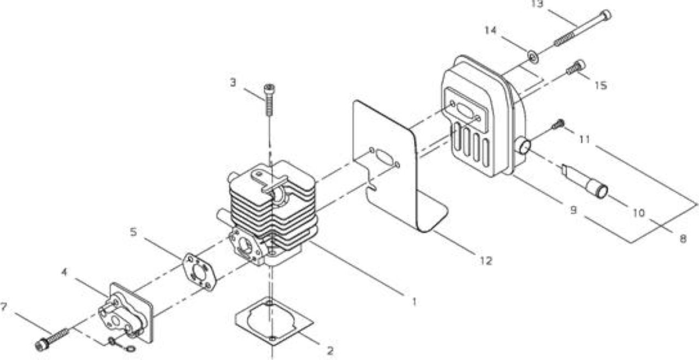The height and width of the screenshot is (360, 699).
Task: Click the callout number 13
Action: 537,4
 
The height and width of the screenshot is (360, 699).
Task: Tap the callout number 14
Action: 491,30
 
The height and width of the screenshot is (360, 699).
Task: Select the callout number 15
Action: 601,85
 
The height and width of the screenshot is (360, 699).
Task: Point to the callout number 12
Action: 486,261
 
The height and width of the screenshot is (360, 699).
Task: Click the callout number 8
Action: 683,239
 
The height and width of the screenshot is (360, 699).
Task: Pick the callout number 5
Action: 133,232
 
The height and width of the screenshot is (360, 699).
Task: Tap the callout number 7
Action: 4,306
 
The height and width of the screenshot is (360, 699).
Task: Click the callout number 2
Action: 330,351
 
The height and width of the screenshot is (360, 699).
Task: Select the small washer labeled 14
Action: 534,57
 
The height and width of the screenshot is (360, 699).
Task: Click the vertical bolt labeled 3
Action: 270,99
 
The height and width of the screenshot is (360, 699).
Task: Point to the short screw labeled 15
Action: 576,67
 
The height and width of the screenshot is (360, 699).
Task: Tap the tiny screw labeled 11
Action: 558,124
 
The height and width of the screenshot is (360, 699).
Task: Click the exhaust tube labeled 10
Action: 584,181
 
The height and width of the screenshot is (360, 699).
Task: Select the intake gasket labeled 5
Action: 199,272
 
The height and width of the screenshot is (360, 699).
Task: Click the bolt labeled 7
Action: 52,340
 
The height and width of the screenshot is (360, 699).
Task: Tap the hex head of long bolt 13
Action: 606,15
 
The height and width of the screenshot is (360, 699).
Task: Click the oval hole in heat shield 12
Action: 384,157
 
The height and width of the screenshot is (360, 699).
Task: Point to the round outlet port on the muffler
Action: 525,146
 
